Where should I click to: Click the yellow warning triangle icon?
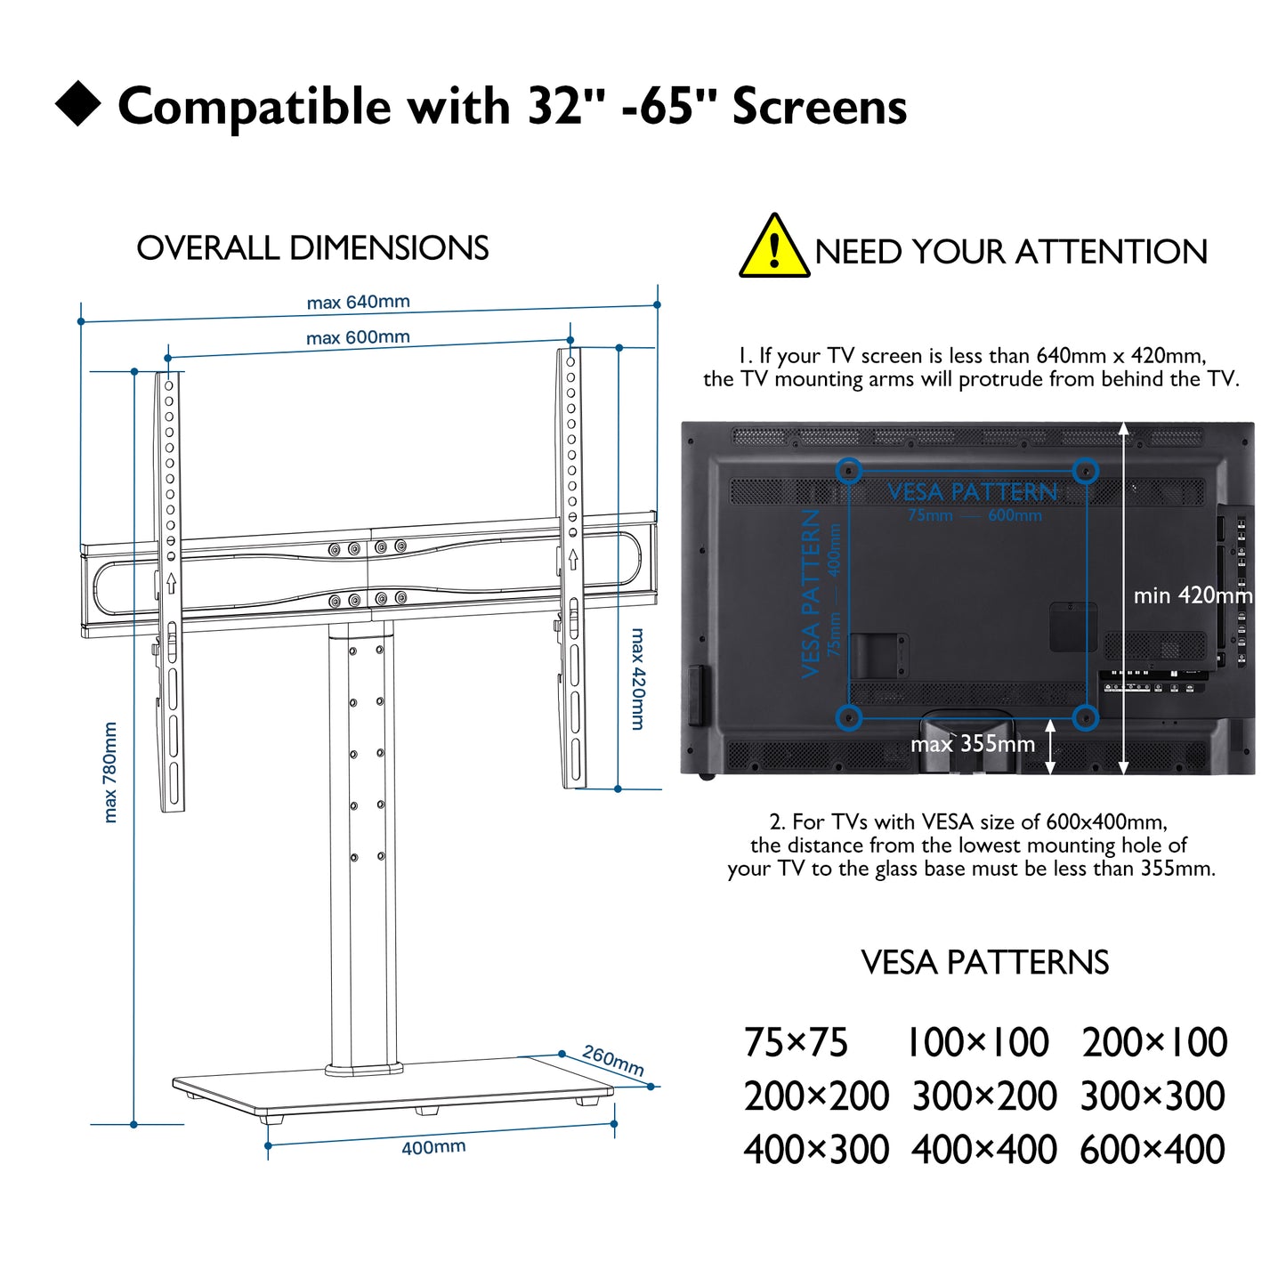tap(773, 247)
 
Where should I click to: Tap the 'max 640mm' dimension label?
tap(358, 303)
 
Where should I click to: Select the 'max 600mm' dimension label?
tap(358, 337)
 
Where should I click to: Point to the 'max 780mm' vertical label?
tap(110, 772)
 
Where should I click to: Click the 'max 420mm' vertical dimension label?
tap(638, 679)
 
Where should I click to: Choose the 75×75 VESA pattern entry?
tap(796, 1042)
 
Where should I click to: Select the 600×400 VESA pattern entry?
tap(1152, 1149)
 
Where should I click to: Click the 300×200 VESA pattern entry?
tap(984, 1096)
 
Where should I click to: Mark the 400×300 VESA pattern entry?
tap(816, 1149)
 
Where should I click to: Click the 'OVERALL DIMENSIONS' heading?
tap(312, 247)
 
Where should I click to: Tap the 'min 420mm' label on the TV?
tap(1193, 595)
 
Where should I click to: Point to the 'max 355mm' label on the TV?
tap(973, 743)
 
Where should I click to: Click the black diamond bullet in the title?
tap(78, 102)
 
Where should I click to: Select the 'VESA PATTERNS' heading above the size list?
tap(984, 962)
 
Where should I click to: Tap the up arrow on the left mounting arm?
tap(172, 584)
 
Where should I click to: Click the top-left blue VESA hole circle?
tap(849, 471)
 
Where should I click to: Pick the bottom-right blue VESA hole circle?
tap(1085, 717)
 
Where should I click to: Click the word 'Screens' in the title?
tap(820, 107)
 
